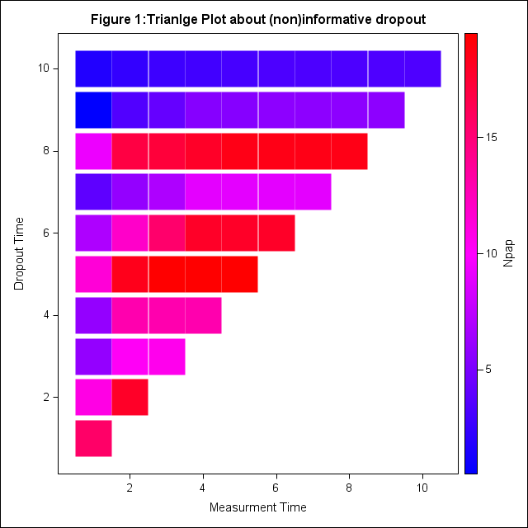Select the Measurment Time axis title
click(x=257, y=507)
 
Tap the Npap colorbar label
click(x=509, y=253)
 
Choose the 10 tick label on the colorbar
click(x=492, y=253)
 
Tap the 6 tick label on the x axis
click(x=276, y=488)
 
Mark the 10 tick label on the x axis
click(x=422, y=488)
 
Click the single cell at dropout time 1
click(x=93, y=438)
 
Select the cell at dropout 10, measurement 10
click(x=422, y=68)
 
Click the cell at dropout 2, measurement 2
click(x=130, y=397)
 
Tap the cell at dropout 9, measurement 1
click(x=93, y=110)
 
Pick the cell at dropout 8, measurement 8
click(x=349, y=151)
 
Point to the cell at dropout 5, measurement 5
click(x=239, y=274)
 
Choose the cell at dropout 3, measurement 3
click(x=167, y=356)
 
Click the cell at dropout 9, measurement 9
click(x=386, y=110)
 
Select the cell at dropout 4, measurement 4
click(x=203, y=315)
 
